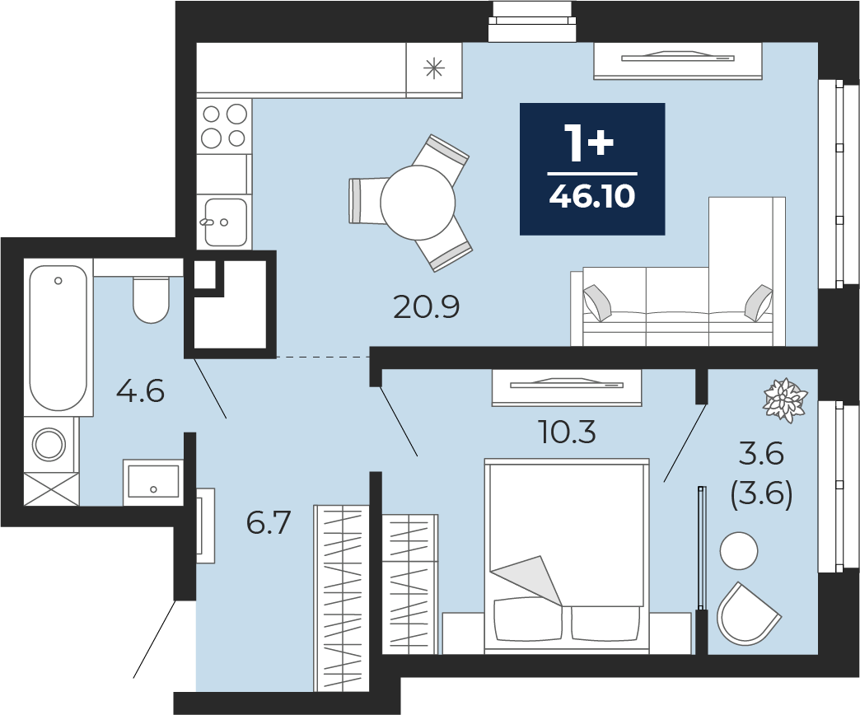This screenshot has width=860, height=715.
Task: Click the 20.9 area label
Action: pos(426,307)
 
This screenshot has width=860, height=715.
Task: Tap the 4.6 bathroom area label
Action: pos(140,391)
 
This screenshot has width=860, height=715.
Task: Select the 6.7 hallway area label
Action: pos(269,522)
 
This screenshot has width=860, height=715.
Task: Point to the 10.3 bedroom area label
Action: pos(567,432)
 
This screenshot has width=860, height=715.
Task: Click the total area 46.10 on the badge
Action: pos(592,196)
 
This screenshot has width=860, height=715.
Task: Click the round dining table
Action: pos(418,203)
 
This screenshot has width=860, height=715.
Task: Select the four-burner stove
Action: pos(224,126)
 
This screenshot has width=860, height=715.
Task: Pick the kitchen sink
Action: pos(225,222)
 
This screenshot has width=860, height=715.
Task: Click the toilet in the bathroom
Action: pos(151,300)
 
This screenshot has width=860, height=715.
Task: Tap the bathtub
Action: pos(58,338)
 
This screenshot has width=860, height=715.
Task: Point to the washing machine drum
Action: pos(49,444)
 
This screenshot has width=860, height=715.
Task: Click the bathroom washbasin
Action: pos(153,482)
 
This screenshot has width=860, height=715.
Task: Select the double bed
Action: pos(567,556)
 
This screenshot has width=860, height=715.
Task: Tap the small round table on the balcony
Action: pos(739,551)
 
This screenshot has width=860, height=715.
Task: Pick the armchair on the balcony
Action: pos(748,615)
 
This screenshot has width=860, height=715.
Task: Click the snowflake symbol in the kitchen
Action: pos(434,68)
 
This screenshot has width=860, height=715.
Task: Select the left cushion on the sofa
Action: pos(597,302)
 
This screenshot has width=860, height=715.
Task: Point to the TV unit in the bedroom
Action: pos(567,388)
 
